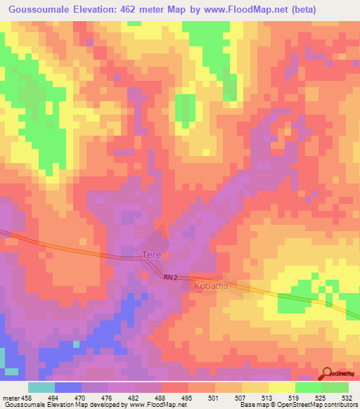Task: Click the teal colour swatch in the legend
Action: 41,387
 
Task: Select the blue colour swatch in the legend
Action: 67,387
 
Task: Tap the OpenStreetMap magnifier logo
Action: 328,373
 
